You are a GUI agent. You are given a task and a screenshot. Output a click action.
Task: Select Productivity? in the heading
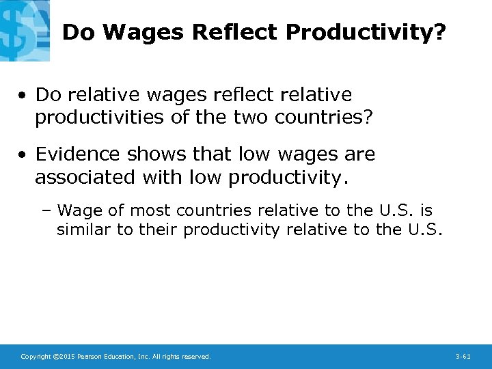[366, 32]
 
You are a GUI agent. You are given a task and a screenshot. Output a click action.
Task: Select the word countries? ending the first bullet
[324, 118]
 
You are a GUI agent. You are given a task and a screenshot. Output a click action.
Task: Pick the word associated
[86, 178]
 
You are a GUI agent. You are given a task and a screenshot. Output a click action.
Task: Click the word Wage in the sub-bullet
[80, 210]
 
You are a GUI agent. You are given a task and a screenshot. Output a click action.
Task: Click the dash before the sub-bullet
[48, 210]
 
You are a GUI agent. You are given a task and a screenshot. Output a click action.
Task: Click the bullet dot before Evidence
[24, 155]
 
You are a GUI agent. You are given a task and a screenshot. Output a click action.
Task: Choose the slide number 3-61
[463, 357]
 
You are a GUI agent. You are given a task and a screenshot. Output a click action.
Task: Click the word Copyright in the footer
[35, 357]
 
